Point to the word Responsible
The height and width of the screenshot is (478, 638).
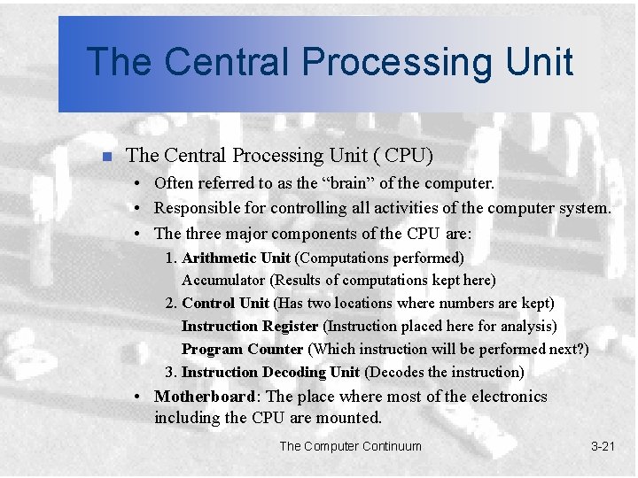pos(198,209)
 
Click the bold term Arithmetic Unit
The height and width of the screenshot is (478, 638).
pos(236,258)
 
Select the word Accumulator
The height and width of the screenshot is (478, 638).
pos(224,281)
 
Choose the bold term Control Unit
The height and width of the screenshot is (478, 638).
pos(225,304)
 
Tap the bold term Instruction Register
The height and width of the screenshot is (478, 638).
pos(250,327)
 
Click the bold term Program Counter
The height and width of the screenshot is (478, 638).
pos(242,350)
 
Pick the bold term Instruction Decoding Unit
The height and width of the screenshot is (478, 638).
pos(270,372)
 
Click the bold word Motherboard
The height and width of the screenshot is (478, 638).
pos(206,397)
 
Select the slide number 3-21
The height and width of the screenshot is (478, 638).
pos(603,446)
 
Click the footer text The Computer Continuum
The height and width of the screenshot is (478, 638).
pos(351,446)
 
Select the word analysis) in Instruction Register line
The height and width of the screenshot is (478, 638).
pos(526,327)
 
